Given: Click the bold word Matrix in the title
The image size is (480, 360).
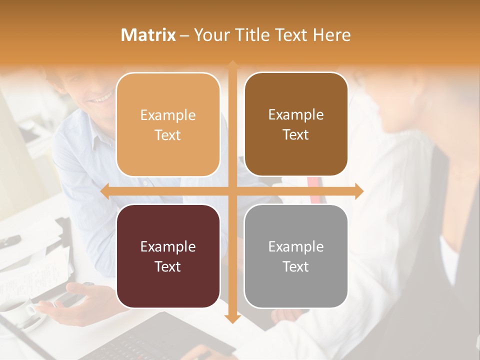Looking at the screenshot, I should coord(148,35).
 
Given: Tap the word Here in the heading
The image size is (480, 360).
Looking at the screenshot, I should coord(331,35).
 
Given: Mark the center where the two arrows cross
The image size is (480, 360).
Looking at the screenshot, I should coord(232,191).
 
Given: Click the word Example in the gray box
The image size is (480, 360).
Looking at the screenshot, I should coord(296,246).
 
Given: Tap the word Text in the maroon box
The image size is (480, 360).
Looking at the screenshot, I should coord(168,266).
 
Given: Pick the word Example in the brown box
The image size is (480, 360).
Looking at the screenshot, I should coord(296,115).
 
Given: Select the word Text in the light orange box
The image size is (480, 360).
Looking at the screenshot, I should coord(168,135).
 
